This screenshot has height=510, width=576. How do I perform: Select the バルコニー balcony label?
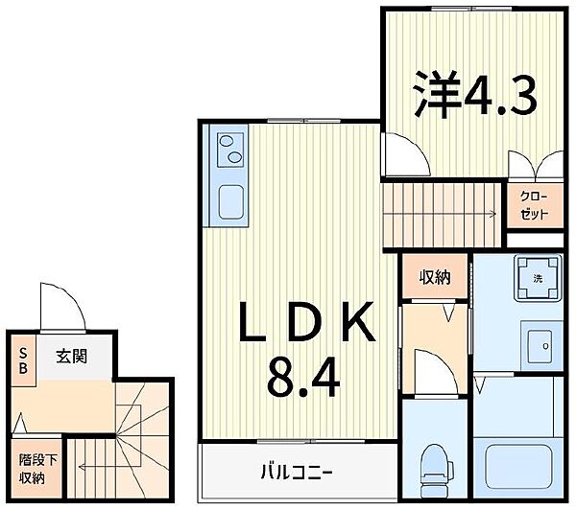297,472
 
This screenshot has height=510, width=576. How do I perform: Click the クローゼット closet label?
533,205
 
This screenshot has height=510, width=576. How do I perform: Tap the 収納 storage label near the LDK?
435,278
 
